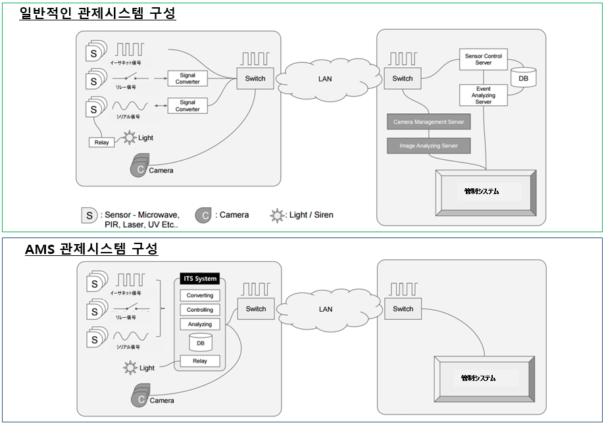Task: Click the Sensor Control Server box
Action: click(483, 59)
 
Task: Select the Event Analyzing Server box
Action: click(483, 95)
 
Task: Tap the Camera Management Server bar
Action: click(428, 122)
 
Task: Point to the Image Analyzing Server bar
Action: click(428, 145)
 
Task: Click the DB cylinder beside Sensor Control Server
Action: click(523, 78)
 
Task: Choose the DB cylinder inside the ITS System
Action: click(199, 342)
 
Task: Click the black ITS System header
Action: click(199, 279)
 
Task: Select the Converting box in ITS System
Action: click(199, 295)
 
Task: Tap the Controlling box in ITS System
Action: click(199, 310)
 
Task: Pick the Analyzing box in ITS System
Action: click(199, 324)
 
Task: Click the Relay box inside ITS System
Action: click(199, 361)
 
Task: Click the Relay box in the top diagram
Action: click(101, 142)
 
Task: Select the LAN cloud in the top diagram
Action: click(325, 79)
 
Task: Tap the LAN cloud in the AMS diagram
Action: click(325, 309)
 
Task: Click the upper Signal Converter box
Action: click(188, 79)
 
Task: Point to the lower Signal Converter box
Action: click(188, 106)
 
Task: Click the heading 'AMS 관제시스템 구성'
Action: click(91, 249)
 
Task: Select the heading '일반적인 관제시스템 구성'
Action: click(98, 12)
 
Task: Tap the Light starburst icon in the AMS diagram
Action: click(130, 368)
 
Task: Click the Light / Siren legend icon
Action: click(278, 215)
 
